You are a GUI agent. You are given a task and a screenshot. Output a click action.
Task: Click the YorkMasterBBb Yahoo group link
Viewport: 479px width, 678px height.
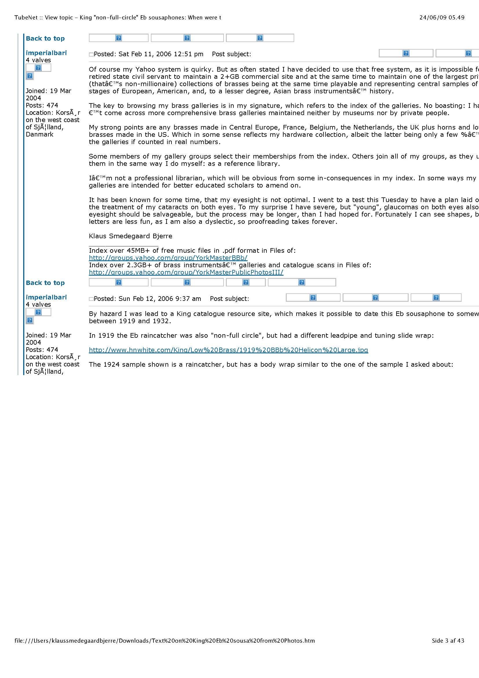tap(168, 258)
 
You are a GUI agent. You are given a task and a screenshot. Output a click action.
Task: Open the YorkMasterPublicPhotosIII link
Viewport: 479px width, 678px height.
tap(186, 272)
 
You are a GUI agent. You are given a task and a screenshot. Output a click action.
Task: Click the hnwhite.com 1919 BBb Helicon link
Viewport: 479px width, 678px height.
tap(228, 350)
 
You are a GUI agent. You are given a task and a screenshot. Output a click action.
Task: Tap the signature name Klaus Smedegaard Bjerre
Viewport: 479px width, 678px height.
tap(130, 236)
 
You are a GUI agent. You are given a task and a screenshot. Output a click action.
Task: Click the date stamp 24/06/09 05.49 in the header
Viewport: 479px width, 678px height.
tap(442, 17)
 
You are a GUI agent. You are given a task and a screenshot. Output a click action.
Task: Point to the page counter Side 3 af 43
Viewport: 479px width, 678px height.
tap(448, 641)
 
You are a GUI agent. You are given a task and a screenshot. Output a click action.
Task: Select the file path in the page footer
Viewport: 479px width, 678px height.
tap(164, 641)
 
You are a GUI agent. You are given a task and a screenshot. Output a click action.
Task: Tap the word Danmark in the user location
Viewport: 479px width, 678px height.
tap(39, 134)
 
